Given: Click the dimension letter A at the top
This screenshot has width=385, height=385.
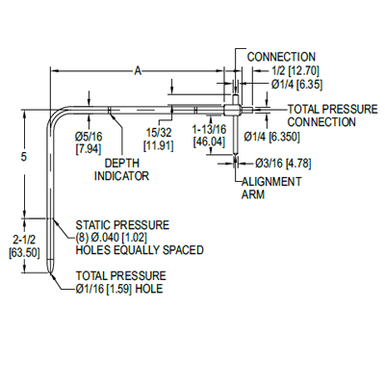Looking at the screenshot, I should pos(139,70).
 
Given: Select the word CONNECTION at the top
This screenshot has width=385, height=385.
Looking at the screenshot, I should pos(281,57).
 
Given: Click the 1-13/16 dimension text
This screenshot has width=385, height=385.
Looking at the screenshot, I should pos(209,128).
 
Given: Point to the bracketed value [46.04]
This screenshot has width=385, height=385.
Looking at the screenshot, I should pos(209,141).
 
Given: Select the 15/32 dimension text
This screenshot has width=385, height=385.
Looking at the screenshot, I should pos(159,132).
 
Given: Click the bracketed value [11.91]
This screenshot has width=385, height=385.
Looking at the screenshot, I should pos(159,144).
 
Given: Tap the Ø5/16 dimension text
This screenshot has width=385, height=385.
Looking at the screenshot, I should pos(90,136).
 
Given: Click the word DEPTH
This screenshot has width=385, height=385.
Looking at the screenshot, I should pos(119,165).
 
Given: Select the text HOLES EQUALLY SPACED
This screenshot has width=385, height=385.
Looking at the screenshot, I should pos(140,250).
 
